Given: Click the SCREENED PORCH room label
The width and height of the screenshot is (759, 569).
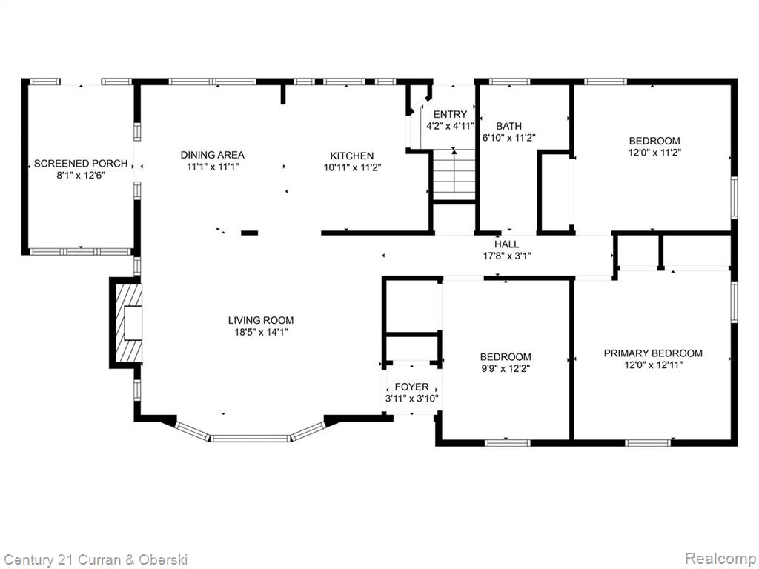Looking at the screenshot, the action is [x=81, y=164].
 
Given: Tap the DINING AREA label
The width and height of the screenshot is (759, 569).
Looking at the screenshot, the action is [x=213, y=155].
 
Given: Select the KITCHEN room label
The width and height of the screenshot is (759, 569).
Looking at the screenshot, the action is [x=352, y=156].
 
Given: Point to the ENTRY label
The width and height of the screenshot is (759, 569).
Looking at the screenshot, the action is [x=450, y=114].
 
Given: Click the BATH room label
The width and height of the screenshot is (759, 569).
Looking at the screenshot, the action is [x=508, y=126].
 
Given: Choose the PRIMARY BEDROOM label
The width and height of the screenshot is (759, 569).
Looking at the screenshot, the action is [x=653, y=353].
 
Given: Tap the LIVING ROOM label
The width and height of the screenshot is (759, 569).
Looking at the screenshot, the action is [x=261, y=320].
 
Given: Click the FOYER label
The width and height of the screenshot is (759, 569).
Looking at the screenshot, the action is [x=412, y=387].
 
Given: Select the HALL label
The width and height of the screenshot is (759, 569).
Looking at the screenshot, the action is [x=507, y=244].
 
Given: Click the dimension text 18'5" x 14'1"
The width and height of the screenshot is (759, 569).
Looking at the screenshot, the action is [x=261, y=332].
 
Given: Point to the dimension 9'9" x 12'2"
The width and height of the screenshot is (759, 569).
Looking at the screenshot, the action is [x=506, y=369].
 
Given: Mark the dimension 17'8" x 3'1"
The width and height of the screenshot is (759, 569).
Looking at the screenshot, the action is [x=507, y=256].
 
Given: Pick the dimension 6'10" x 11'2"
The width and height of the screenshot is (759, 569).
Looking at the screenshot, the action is [x=508, y=138].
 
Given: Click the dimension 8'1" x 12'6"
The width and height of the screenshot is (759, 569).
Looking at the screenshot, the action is [x=81, y=175].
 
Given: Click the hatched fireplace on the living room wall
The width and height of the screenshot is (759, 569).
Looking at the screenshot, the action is [x=127, y=322].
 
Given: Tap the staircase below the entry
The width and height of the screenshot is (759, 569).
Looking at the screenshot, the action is [x=454, y=175].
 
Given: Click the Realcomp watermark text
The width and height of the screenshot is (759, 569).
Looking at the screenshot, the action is [x=721, y=559].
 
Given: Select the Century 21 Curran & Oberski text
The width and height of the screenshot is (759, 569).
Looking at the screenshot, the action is [x=96, y=560].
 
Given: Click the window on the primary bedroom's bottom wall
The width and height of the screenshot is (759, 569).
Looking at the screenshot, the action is [x=648, y=443].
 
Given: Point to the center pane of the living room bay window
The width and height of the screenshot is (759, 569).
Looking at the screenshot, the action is [x=251, y=439].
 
